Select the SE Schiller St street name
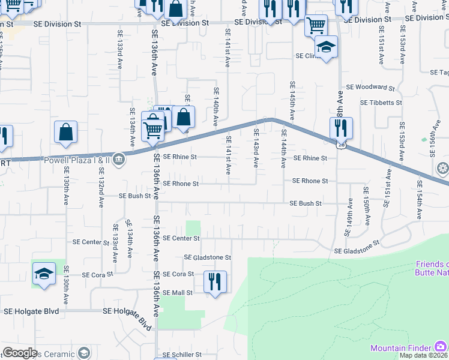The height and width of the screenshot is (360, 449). point(178,355)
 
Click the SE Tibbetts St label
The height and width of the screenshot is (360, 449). point(381,103)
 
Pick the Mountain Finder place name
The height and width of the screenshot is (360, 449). point(401,348)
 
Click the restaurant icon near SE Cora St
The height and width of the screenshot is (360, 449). point(215,281)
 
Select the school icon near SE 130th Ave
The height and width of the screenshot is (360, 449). point(43,275)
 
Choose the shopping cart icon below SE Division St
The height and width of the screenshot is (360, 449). point(316,25)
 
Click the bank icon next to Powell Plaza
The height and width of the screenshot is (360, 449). point(119,160)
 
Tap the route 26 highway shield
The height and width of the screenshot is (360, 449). point(341,145)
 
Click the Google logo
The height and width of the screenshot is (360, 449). point(20,353)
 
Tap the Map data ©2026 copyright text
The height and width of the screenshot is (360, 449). point(423,355)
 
